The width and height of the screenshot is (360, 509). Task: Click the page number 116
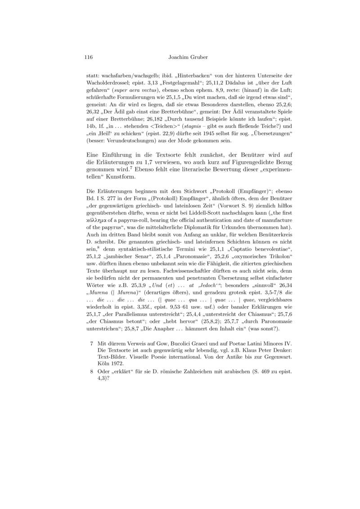coord(88,57)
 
